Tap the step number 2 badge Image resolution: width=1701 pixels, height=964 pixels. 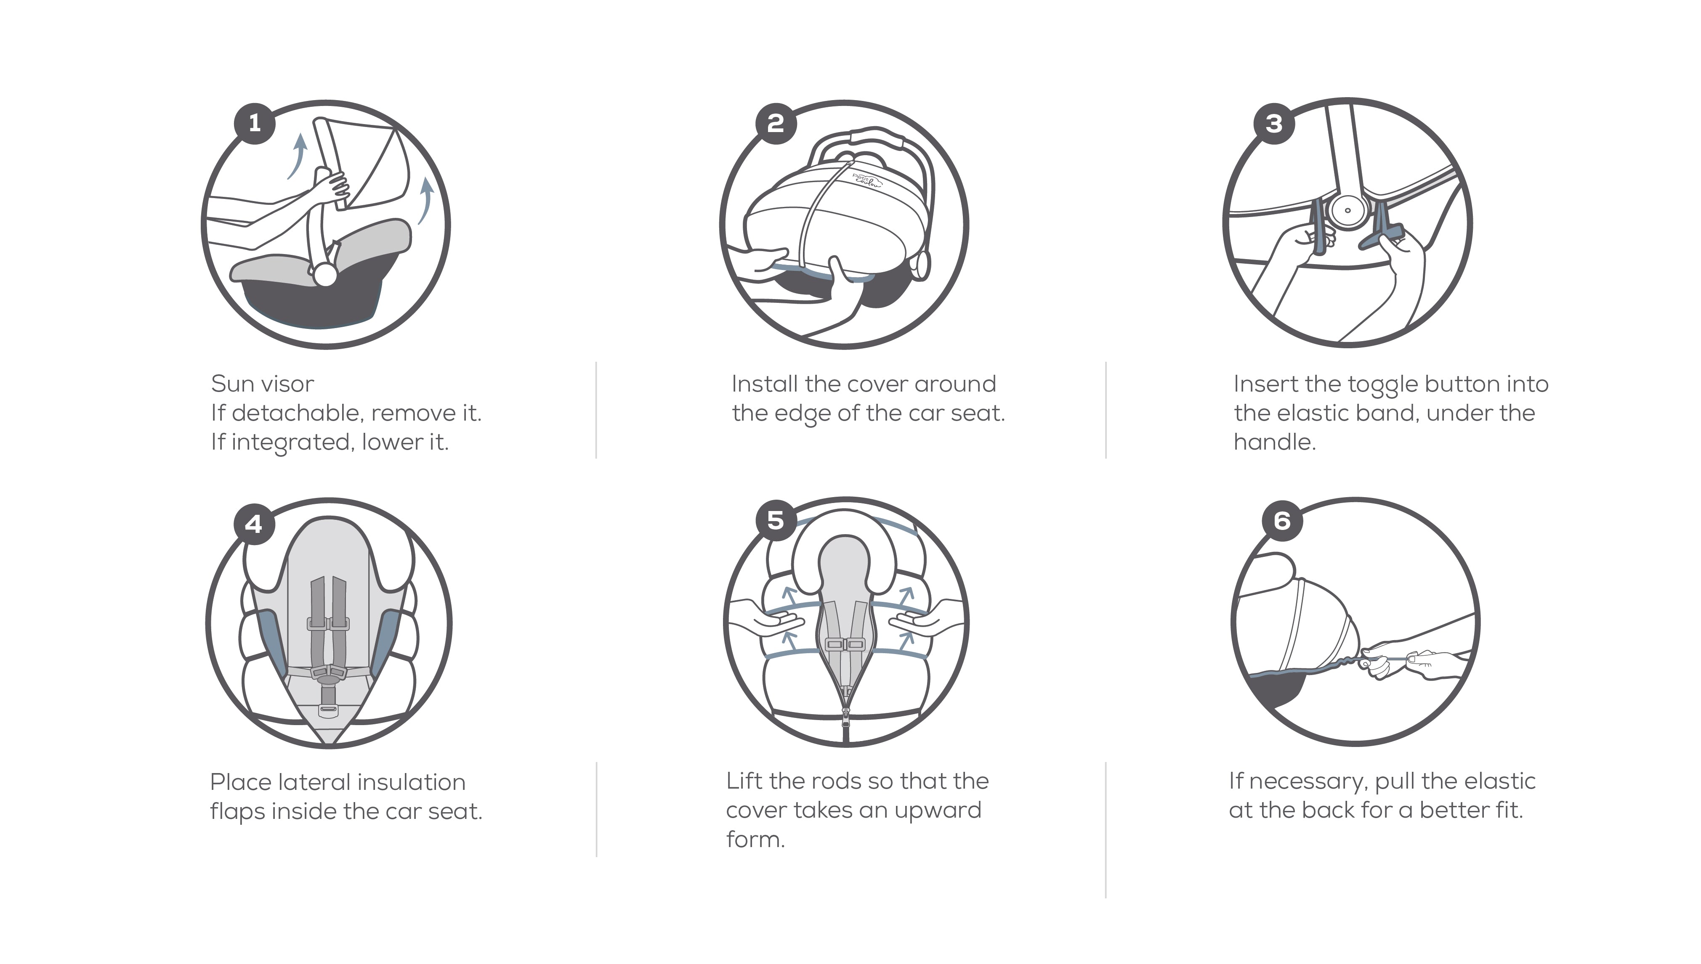coord(776,123)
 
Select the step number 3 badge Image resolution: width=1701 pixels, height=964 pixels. coord(1274,124)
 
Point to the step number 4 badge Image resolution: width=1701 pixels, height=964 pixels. coord(254,524)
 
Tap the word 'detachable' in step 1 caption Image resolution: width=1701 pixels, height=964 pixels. coord(295,413)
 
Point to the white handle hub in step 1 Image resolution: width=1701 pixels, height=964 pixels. coord(325,275)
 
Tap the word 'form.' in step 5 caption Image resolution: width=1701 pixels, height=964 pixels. coord(755,840)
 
